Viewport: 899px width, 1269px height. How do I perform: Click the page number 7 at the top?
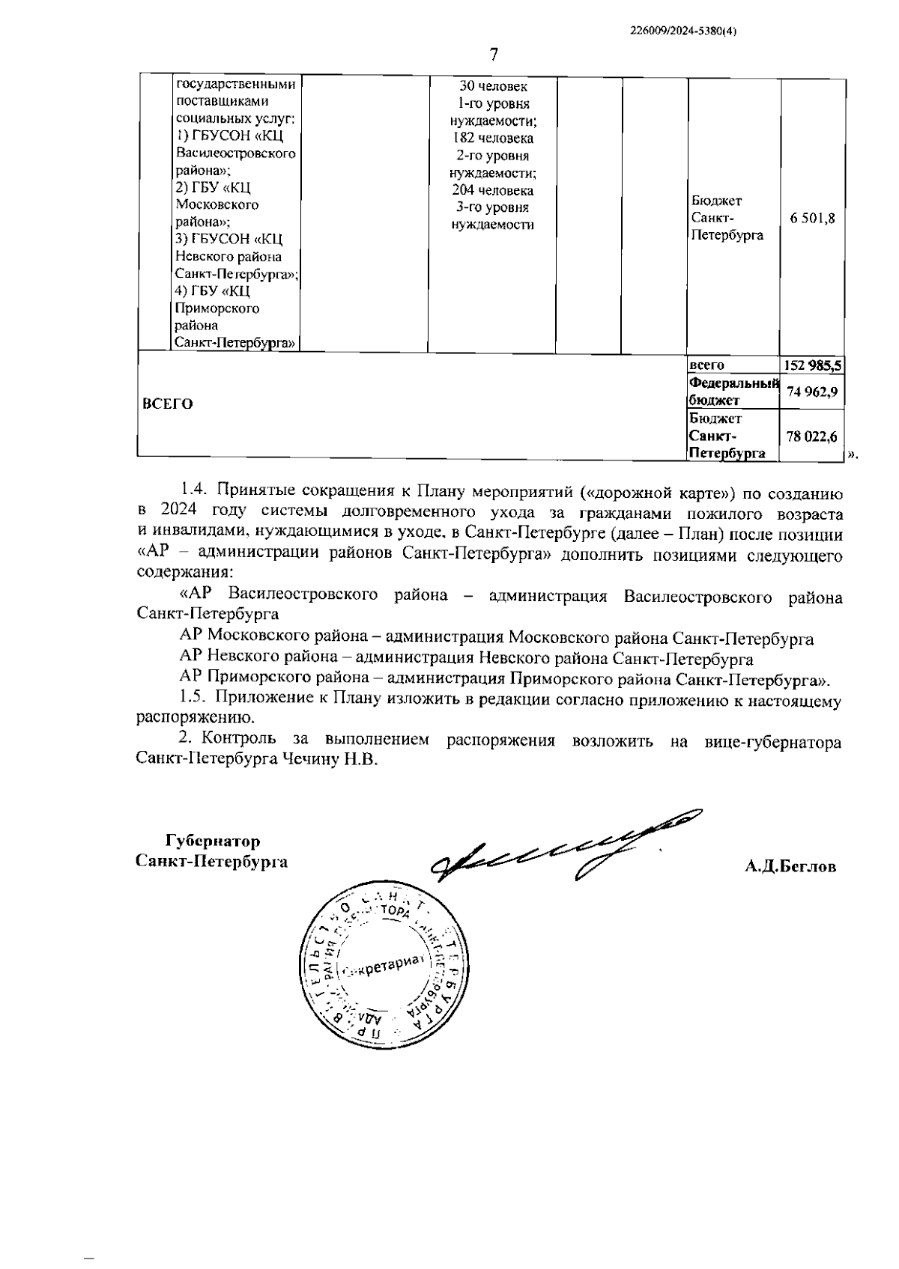pos(494,55)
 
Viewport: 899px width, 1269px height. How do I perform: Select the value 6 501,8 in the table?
pos(812,218)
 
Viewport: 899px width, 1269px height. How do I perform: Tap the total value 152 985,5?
pos(812,365)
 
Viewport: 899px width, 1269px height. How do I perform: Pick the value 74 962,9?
pos(812,392)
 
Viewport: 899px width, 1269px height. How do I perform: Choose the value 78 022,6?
pos(812,436)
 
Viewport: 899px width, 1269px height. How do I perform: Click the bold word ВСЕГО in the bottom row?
pos(167,404)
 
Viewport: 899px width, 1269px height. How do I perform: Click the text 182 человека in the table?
pos(493,139)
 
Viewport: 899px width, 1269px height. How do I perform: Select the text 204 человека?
pos(493,190)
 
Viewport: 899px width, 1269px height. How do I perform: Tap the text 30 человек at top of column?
pos(493,87)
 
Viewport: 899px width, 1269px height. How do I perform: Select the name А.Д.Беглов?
pos(790,866)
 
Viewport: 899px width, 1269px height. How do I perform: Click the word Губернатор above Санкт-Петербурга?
pos(213,841)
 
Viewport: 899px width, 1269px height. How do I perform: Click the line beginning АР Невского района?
pos(466,659)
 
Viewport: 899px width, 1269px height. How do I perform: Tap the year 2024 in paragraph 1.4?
pos(178,514)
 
